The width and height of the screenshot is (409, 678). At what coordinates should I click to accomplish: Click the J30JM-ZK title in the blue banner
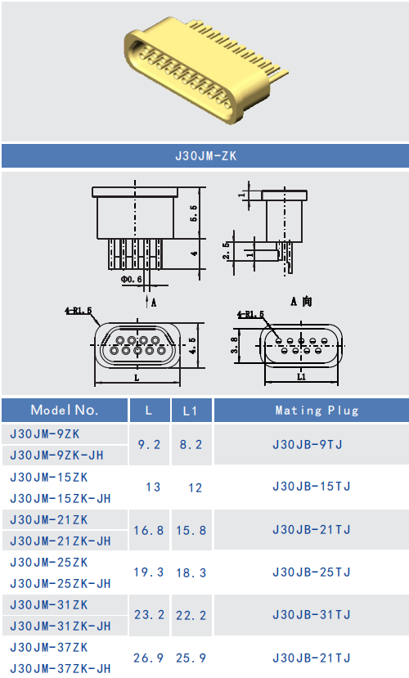(x=205, y=155)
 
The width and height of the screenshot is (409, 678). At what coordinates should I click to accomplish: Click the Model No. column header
(x=65, y=410)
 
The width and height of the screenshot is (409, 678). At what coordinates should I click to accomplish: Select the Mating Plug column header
(x=311, y=410)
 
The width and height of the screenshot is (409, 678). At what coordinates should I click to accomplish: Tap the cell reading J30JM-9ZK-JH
(x=61, y=455)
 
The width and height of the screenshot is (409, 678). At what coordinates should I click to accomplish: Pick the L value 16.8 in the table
(x=149, y=530)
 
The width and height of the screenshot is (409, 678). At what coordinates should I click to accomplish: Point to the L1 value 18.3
(x=191, y=572)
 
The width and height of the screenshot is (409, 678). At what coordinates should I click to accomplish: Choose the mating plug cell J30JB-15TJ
(x=311, y=487)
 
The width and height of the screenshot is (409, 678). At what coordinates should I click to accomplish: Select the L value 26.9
(x=149, y=658)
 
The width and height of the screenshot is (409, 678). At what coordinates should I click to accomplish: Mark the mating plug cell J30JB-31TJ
(x=311, y=614)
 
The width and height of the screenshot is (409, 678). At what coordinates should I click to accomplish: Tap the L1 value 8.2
(x=191, y=444)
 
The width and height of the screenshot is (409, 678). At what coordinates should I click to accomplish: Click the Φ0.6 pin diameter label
(x=131, y=280)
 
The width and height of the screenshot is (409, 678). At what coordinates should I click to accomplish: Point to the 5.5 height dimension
(x=194, y=214)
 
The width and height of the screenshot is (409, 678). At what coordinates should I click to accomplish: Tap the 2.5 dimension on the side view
(x=227, y=249)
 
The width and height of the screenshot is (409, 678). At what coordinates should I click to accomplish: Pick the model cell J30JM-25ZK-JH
(x=61, y=583)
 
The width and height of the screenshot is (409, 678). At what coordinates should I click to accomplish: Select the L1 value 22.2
(x=191, y=615)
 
